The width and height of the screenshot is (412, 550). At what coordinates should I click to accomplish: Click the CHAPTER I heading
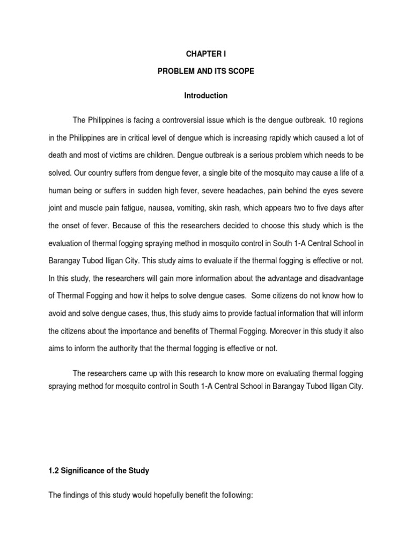point(205,54)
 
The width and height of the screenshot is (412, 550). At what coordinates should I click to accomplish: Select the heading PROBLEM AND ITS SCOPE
point(205,72)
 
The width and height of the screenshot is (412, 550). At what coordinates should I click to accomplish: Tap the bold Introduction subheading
point(205,96)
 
